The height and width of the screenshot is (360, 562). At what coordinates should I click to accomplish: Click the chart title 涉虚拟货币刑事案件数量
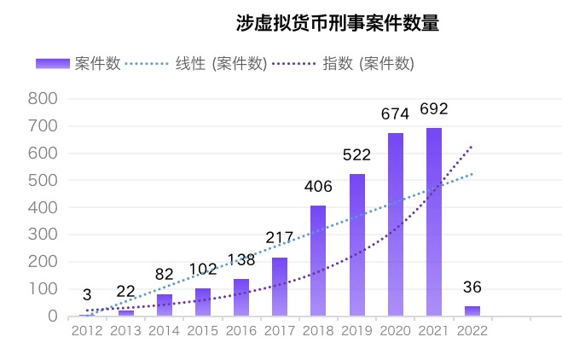[338, 23]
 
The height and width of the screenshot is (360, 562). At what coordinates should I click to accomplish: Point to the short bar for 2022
[472, 311]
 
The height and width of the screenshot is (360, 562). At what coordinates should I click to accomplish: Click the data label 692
[434, 109]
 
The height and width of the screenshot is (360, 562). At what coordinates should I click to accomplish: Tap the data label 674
[395, 113]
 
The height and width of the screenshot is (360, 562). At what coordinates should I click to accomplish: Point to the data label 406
[318, 187]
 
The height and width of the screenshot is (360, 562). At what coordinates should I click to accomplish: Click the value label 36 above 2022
[472, 287]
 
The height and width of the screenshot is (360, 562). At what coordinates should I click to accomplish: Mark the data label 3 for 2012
[87, 295]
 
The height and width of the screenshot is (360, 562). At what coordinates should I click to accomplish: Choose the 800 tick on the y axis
[43, 99]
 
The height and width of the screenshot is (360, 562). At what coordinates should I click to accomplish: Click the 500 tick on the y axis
[43, 180]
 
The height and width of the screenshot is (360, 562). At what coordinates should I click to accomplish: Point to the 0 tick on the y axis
[52, 316]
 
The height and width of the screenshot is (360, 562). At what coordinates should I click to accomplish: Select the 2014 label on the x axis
[164, 331]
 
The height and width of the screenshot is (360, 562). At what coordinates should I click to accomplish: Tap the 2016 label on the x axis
[241, 331]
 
